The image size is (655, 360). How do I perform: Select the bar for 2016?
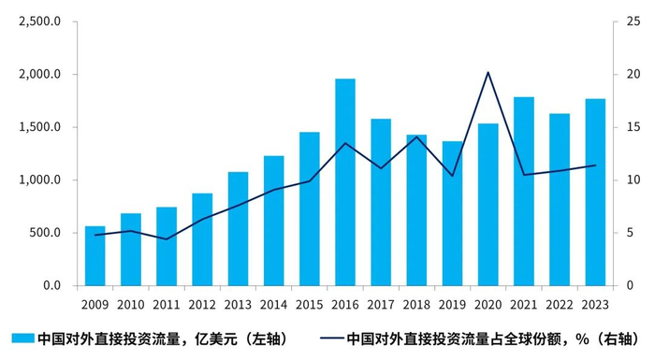pos(345,182)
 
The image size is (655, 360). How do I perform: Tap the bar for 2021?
pos(524,191)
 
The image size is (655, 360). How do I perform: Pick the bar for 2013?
pos(239,228)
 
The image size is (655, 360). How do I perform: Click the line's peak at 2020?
pos(488,72)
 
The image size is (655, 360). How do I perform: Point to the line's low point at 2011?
pos(167,239)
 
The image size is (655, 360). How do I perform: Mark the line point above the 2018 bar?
pos(416,137)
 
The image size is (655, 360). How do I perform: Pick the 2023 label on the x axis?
pos(595,304)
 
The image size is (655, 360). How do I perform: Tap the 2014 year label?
pos(274,304)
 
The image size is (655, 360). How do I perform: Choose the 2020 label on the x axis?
pos(488,304)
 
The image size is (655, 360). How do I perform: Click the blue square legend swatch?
pos(22,338)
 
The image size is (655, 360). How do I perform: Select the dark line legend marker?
pos(329,338)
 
